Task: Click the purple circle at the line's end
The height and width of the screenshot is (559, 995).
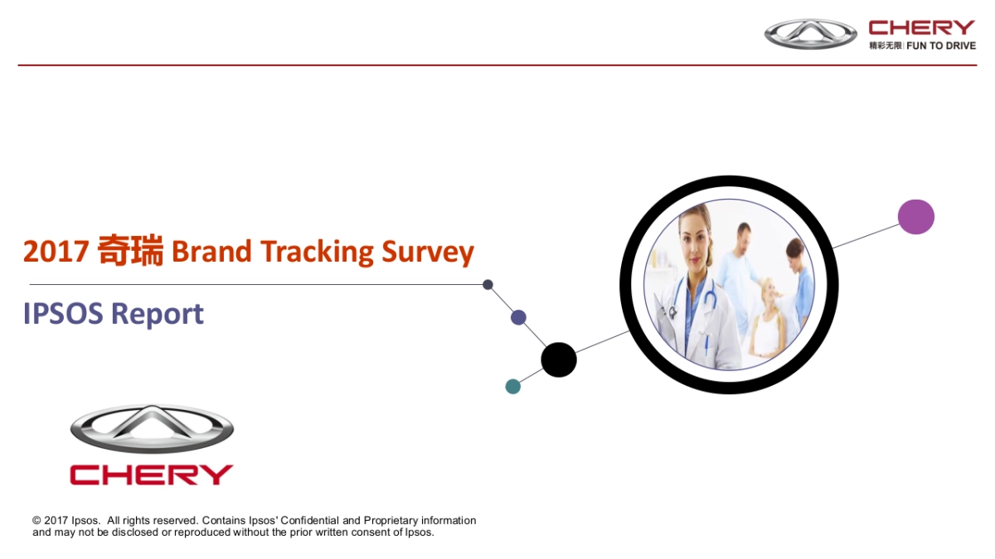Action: tap(916, 217)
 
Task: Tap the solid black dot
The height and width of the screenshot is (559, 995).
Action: tap(559, 359)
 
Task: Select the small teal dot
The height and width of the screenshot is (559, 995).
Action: tap(513, 387)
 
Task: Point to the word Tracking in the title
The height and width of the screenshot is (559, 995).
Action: tap(317, 253)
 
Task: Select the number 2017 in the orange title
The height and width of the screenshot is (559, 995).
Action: tap(56, 252)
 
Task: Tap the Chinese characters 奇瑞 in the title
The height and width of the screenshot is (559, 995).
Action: tap(130, 250)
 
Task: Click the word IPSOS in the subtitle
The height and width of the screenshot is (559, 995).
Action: tap(63, 314)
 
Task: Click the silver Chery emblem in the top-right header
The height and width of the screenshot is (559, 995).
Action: tap(811, 34)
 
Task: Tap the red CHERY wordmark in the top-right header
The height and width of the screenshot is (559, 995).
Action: tap(922, 27)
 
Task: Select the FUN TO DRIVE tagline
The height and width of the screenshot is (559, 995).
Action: tap(941, 46)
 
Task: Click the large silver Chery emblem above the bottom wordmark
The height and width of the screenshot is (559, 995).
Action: tap(152, 429)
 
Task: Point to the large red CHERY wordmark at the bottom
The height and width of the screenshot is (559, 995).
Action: tap(152, 475)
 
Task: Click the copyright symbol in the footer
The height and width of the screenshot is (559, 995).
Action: tap(36, 520)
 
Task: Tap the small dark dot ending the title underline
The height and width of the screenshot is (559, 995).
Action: tap(488, 284)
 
